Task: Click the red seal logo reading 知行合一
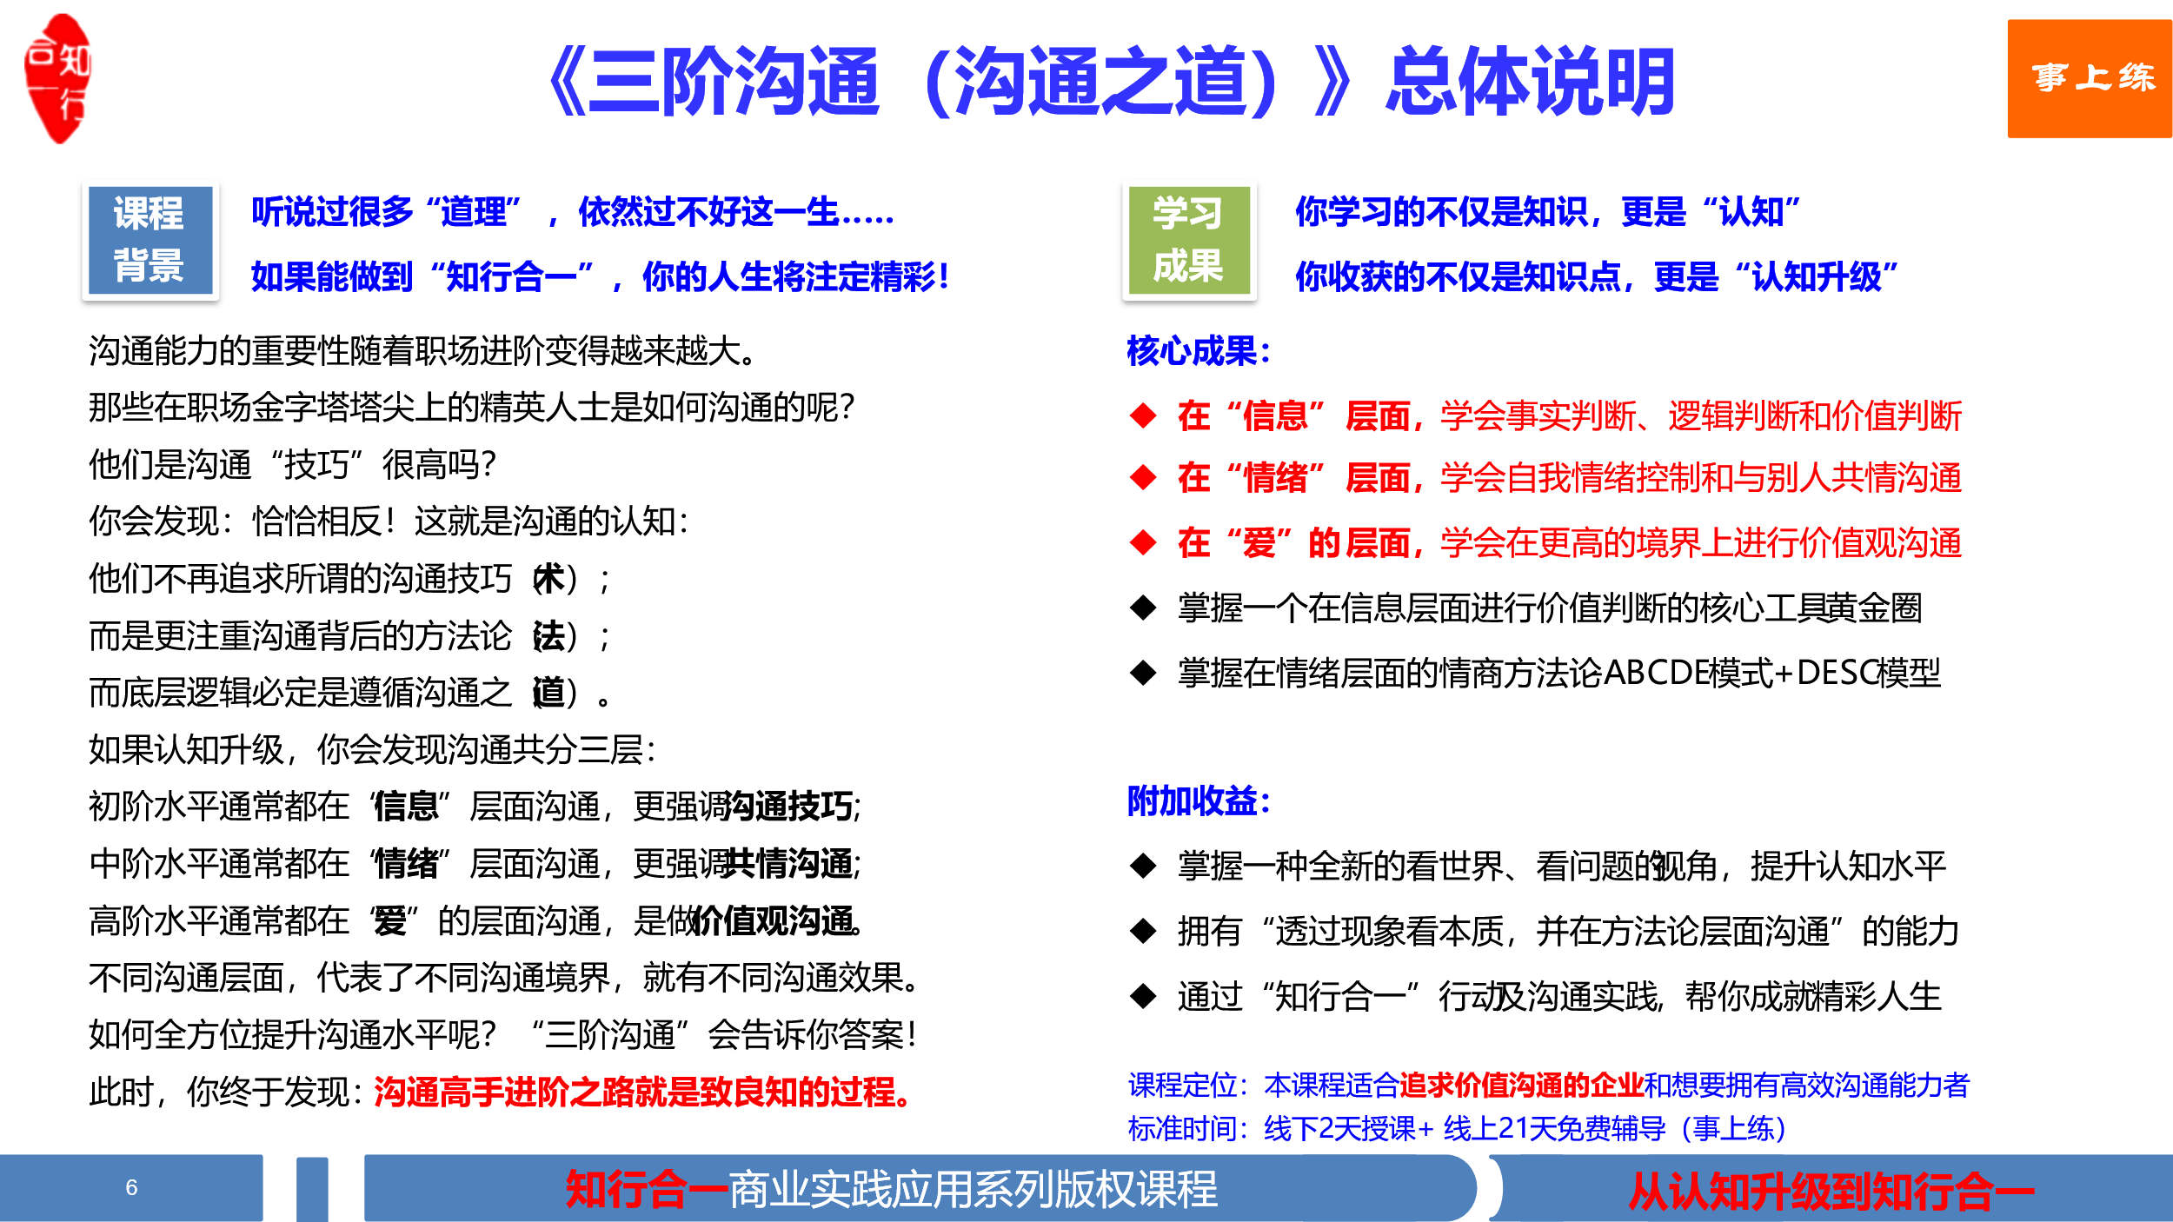[x=58, y=78]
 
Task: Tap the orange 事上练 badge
[x=2090, y=78]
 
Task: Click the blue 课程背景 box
[x=150, y=240]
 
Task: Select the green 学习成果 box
[x=1189, y=240]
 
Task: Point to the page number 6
[x=131, y=1187]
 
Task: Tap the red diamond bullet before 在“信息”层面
[x=1143, y=415]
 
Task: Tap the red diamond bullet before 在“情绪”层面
[x=1143, y=477]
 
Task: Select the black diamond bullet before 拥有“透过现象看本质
[x=1143, y=931]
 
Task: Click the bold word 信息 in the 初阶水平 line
[x=406, y=806]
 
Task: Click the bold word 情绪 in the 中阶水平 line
[x=406, y=863]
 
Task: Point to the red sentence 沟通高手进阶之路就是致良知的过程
[x=643, y=1092]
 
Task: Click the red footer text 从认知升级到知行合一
[x=1831, y=1191]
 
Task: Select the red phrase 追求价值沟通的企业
[x=1521, y=1085]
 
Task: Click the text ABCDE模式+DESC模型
[x=1771, y=673]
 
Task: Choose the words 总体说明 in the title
[x=1530, y=82]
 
